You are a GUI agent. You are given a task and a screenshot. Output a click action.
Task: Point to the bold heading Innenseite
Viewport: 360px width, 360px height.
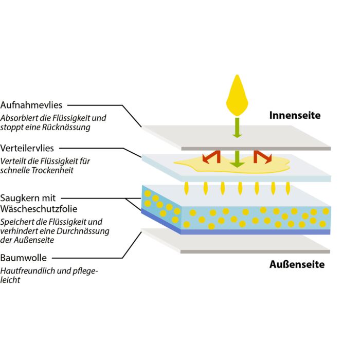pos(295,115)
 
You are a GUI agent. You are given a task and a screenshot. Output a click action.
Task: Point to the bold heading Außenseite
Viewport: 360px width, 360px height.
pos(297,265)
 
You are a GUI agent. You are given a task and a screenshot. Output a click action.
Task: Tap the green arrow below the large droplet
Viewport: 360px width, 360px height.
pos(237,127)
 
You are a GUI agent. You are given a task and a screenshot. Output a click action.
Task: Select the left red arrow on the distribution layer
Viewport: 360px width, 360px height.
pos(210,155)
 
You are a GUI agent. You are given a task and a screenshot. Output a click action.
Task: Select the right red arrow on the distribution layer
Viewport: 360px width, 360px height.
pos(263,155)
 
